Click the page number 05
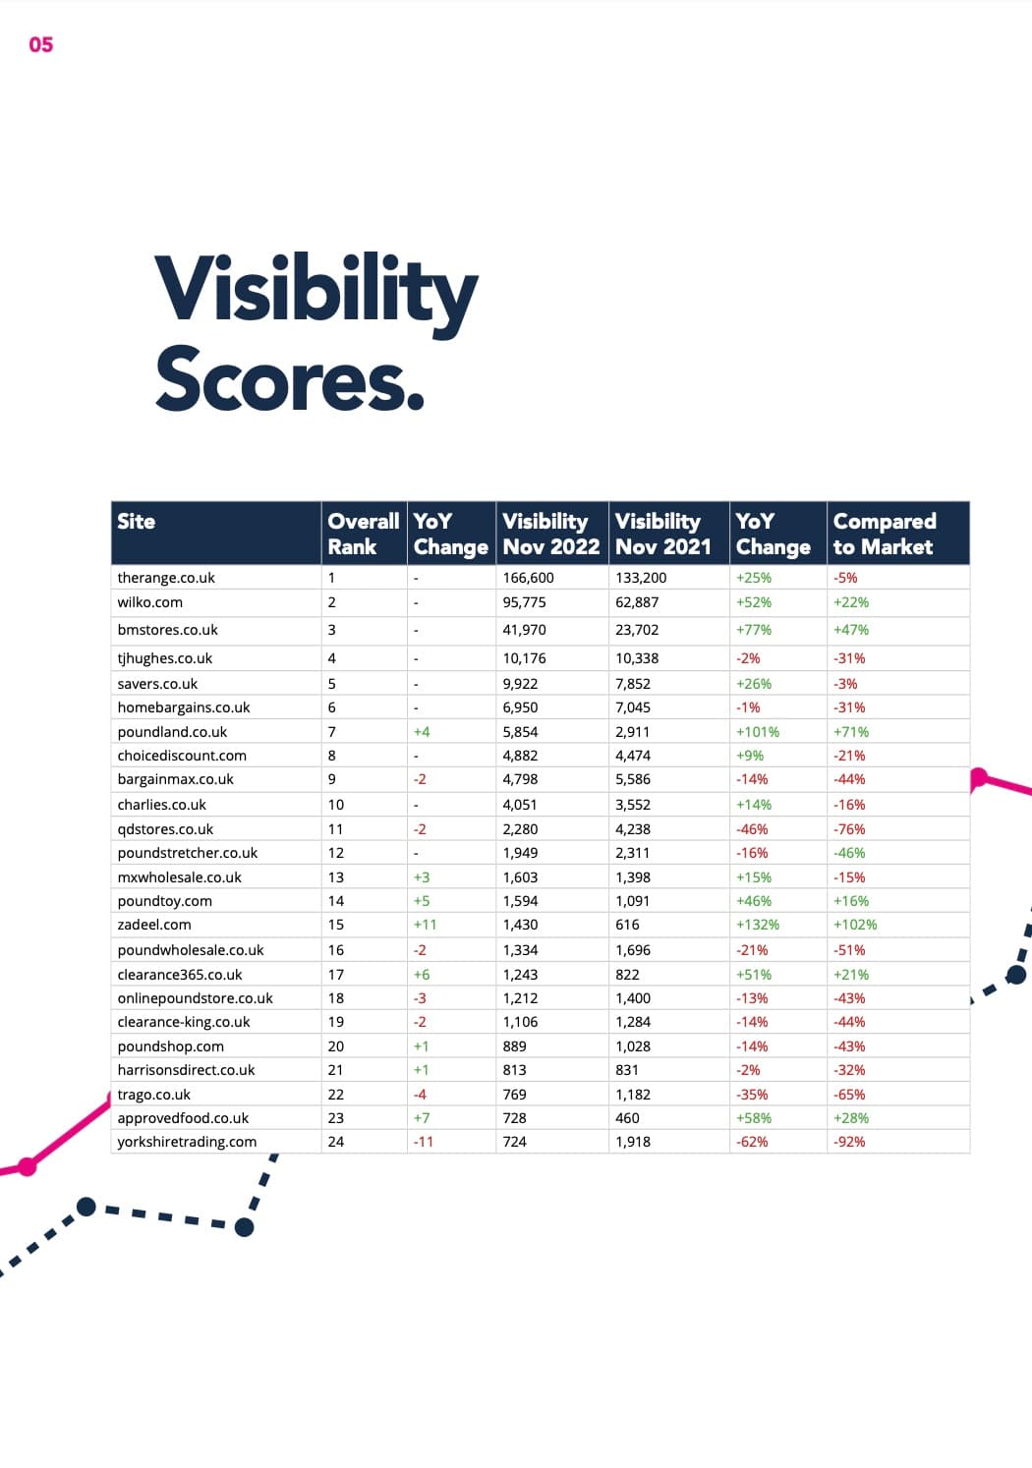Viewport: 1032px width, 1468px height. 41,44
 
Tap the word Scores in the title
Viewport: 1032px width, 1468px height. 289,379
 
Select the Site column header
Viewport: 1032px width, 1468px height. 137,522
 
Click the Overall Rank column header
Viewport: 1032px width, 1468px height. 363,534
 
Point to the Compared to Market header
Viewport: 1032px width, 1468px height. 884,534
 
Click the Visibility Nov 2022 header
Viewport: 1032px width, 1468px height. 550,534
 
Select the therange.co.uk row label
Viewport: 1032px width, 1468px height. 166,578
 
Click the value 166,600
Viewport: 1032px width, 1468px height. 528,578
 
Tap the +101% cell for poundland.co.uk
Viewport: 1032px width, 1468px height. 757,732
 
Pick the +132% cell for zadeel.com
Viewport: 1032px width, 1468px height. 757,925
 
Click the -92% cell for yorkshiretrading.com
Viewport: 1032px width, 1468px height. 849,1142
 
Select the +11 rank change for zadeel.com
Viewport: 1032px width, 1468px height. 425,925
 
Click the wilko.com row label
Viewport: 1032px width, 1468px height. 149,602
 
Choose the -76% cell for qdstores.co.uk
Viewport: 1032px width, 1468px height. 849,829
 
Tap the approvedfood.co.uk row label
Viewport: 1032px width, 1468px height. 183,1118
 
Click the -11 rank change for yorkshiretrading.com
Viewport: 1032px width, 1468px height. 423,1142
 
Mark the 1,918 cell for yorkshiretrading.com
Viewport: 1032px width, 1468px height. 633,1142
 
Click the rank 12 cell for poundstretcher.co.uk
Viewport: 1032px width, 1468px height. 335,853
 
